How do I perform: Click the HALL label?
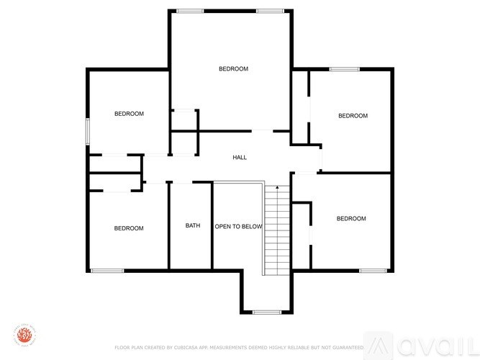pyautogui.click(x=240, y=157)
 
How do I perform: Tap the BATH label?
pyautogui.click(x=193, y=225)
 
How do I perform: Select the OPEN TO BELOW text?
pyautogui.click(x=238, y=226)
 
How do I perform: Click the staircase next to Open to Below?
pyautogui.click(x=276, y=230)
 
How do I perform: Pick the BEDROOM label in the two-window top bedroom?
pyautogui.click(x=233, y=69)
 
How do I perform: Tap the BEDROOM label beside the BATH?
pyautogui.click(x=129, y=228)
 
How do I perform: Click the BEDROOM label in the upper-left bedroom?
pyautogui.click(x=129, y=114)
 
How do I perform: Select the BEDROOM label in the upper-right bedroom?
pyautogui.click(x=353, y=116)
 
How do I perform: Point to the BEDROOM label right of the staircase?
pyautogui.click(x=351, y=219)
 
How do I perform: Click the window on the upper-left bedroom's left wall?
pyautogui.click(x=88, y=132)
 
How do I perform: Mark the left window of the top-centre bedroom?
pyautogui.click(x=190, y=11)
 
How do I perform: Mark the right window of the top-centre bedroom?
pyautogui.click(x=269, y=11)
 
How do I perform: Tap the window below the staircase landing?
pyautogui.click(x=267, y=312)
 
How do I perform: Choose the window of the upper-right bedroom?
pyautogui.click(x=344, y=69)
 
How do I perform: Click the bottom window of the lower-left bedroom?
pyautogui.click(x=107, y=271)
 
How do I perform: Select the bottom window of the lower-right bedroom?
pyautogui.click(x=373, y=271)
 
